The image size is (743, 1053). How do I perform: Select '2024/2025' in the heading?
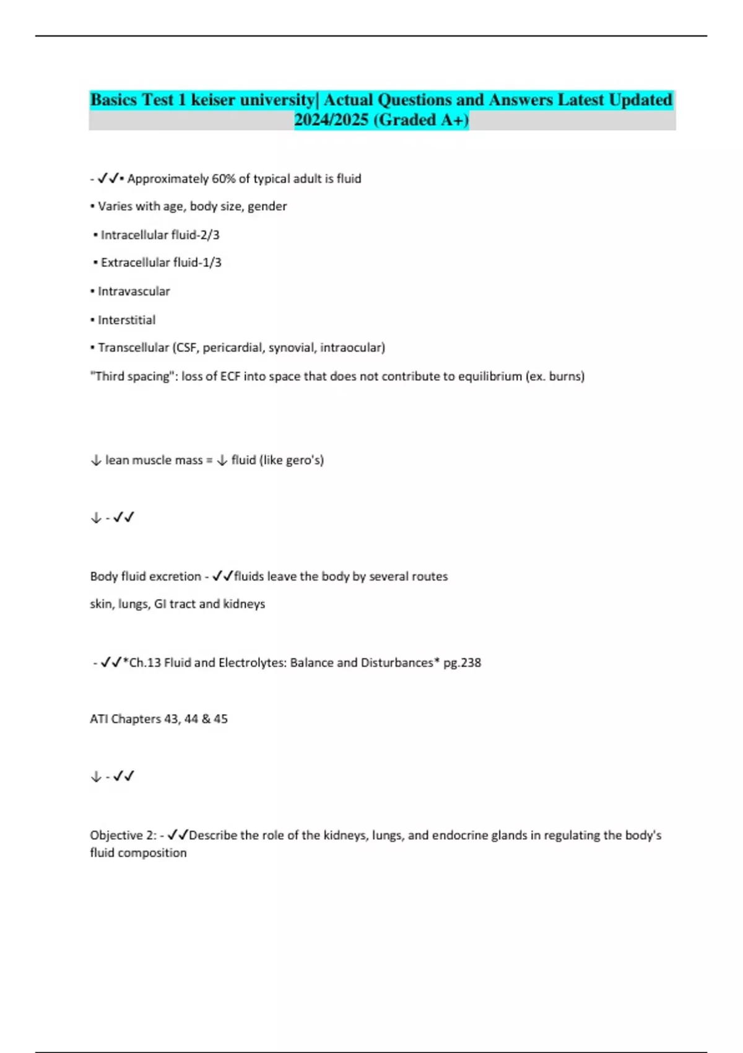click(x=331, y=120)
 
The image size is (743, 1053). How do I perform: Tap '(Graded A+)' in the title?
click(x=422, y=120)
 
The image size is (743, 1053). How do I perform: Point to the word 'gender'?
click(x=267, y=206)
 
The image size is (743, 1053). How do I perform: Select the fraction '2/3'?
click(x=209, y=235)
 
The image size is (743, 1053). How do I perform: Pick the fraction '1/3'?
click(x=211, y=263)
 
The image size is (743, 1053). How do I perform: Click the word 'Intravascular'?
click(x=134, y=291)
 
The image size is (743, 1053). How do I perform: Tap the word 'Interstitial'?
click(x=126, y=320)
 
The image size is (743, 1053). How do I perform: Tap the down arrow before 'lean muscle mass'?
click(x=96, y=460)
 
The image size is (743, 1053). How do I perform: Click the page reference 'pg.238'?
click(x=462, y=663)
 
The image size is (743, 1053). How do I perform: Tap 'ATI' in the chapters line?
click(x=98, y=719)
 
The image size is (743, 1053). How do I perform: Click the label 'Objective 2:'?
click(x=123, y=835)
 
